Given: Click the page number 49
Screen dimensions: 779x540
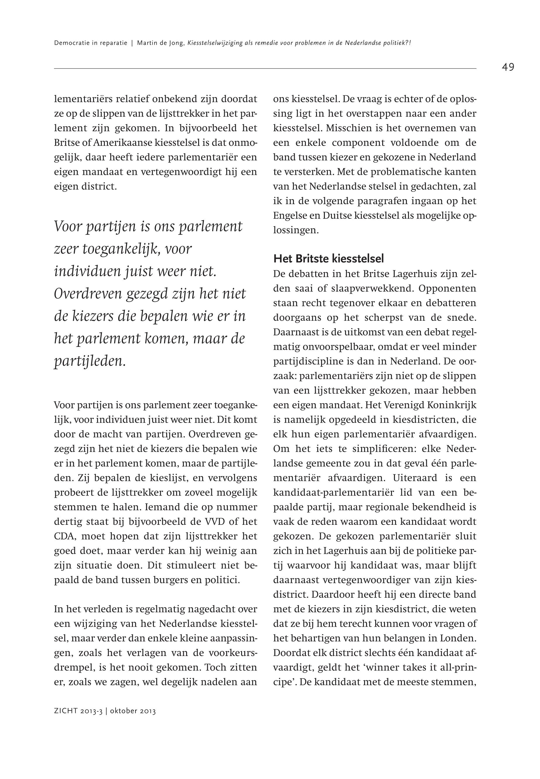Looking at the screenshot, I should (x=508, y=67).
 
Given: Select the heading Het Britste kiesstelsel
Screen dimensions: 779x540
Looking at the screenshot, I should (x=328, y=259).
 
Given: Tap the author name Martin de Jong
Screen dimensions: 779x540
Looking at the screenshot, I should (x=160, y=43).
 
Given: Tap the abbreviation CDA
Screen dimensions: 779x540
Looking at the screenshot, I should (x=64, y=536).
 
